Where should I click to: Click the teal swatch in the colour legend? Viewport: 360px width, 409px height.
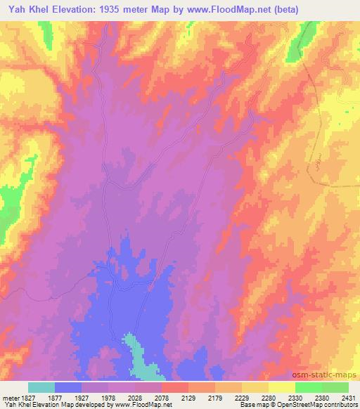pos(41,387)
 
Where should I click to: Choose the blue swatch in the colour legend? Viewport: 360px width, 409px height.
pos(68,387)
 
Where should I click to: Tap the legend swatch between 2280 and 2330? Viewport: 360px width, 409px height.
pos(282,387)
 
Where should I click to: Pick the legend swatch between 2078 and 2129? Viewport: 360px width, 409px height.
pos(175,387)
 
